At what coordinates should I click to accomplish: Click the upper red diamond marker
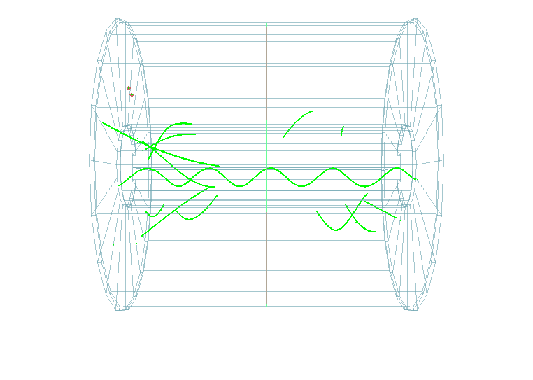pyautogui.click(x=129, y=88)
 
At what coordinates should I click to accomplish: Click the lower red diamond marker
pyautogui.click(x=132, y=94)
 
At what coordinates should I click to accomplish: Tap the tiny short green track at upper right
pyautogui.click(x=342, y=131)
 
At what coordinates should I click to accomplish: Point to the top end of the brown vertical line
pyautogui.click(x=266, y=24)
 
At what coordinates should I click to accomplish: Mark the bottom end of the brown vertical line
pyautogui.click(x=266, y=305)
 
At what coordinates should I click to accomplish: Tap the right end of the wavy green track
pyautogui.click(x=417, y=180)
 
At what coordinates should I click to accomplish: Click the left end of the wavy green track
pyautogui.click(x=119, y=185)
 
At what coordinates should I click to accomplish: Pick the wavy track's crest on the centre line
pyautogui.click(x=266, y=169)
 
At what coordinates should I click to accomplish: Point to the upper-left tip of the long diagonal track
pyautogui.click(x=104, y=123)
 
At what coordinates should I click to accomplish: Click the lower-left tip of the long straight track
pyautogui.click(x=142, y=236)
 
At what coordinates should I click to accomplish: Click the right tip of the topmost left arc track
pyautogui.click(x=192, y=124)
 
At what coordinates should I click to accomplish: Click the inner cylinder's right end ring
pyautogui.click(x=406, y=166)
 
